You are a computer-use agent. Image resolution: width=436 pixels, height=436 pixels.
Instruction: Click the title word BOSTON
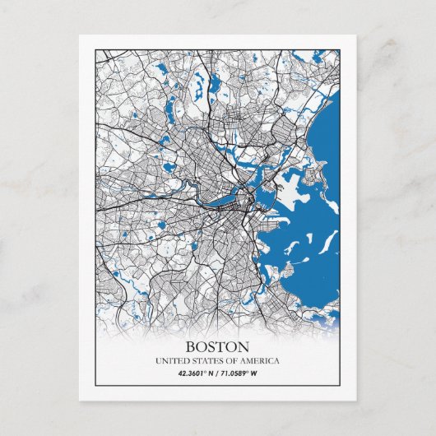pos(217,346)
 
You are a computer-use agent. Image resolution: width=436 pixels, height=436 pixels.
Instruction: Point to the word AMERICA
pos(257,361)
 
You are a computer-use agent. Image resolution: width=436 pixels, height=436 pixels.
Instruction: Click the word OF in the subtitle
pos(232,361)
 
